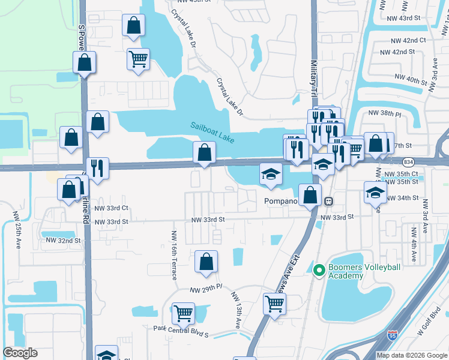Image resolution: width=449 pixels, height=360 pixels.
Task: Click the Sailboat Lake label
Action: (x=212, y=133)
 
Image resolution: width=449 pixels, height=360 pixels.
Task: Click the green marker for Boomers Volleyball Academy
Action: (x=318, y=271)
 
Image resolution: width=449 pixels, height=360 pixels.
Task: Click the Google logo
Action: (x=20, y=353)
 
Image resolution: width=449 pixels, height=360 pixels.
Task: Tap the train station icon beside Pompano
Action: (x=328, y=200)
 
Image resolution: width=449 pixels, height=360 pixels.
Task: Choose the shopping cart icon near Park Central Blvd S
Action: (x=183, y=313)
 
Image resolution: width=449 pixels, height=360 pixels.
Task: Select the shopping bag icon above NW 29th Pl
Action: (x=206, y=262)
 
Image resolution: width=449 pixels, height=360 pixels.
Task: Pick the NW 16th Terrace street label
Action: (x=174, y=255)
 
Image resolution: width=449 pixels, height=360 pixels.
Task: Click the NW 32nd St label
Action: (x=63, y=241)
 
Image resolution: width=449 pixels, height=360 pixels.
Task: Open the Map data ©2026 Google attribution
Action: (x=411, y=355)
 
